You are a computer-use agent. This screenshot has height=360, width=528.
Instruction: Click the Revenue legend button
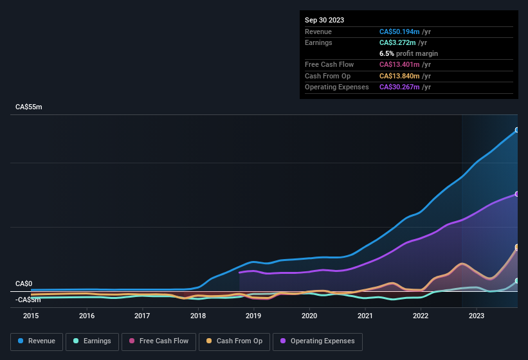37,341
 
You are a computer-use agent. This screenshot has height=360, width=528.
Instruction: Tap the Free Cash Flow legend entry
159,341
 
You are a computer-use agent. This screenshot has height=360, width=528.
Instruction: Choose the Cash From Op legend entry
235,341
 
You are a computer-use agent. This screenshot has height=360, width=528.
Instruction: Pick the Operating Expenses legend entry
318,341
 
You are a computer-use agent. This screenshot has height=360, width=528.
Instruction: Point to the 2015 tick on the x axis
32,316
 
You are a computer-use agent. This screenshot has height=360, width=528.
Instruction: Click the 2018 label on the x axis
198,316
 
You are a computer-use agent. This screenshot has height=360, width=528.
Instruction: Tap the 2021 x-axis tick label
365,316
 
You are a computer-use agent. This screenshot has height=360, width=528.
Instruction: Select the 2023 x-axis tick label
477,316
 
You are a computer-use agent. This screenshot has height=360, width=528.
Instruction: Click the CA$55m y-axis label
29,107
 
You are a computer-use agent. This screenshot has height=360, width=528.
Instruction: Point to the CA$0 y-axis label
24,283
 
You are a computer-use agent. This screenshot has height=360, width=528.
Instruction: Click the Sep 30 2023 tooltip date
324,20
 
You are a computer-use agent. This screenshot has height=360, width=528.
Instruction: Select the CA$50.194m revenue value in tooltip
399,32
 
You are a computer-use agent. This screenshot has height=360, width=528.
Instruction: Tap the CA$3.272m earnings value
397,42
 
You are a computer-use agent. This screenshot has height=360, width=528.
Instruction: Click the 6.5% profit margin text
408,53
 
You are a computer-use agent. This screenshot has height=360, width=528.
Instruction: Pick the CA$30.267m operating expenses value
399,87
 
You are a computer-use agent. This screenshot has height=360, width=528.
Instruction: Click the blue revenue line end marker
517,130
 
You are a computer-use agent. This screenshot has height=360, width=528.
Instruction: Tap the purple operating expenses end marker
517,194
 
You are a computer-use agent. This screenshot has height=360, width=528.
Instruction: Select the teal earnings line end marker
517,281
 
